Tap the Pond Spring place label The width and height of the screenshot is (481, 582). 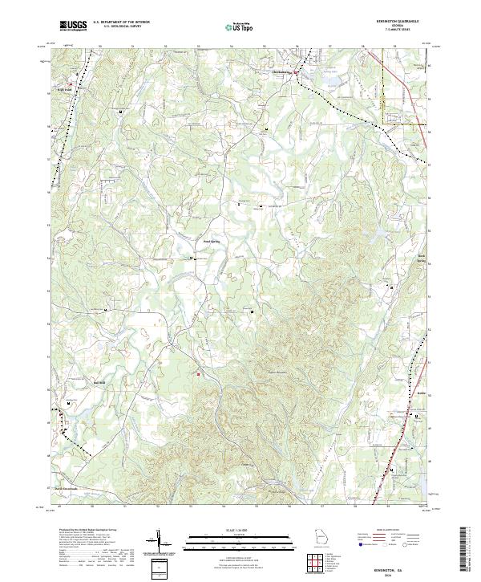pyautogui.click(x=210, y=240)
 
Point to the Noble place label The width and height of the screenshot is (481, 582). pyautogui.click(x=422, y=394)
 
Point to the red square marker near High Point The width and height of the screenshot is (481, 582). pyautogui.click(x=71, y=83)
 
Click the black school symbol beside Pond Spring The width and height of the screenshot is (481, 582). pyautogui.click(x=191, y=258)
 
